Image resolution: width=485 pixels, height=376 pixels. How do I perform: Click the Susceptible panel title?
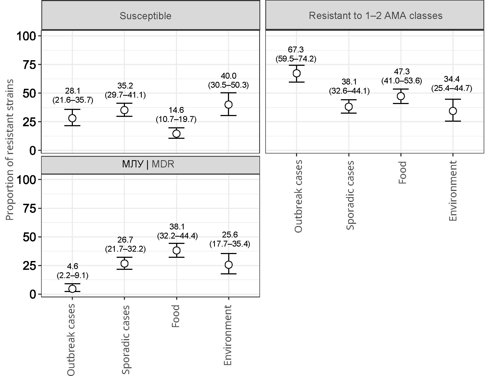pyautogui.click(x=145, y=16)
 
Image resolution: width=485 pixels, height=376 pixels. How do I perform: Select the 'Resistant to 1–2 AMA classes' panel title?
pyautogui.click(x=376, y=16)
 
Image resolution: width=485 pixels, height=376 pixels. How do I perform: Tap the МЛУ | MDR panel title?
pyautogui.click(x=148, y=164)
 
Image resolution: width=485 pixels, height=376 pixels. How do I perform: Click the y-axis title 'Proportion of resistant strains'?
pyautogui.click(x=10, y=150)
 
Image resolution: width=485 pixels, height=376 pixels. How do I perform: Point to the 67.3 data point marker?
pyautogui.click(x=297, y=73)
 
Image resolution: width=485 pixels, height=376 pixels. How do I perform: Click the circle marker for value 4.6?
pyautogui.click(x=72, y=289)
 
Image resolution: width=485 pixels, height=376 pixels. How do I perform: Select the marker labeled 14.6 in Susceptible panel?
pyautogui.click(x=176, y=133)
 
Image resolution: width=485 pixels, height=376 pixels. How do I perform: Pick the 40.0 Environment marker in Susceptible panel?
pyautogui.click(x=228, y=104)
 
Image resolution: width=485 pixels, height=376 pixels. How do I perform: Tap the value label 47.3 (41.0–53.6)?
pyautogui.click(x=402, y=76)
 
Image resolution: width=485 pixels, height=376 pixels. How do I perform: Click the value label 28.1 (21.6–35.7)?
pyautogui.click(x=73, y=96)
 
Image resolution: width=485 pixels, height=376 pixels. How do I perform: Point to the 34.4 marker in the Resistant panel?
pyautogui.click(x=453, y=111)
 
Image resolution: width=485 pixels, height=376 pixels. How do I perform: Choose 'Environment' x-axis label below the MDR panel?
pyautogui.click(x=228, y=335)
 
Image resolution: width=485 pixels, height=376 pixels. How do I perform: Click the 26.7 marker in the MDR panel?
pyautogui.click(x=124, y=263)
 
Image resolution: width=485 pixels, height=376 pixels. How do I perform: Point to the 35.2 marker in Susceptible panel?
pyautogui.click(x=124, y=110)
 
